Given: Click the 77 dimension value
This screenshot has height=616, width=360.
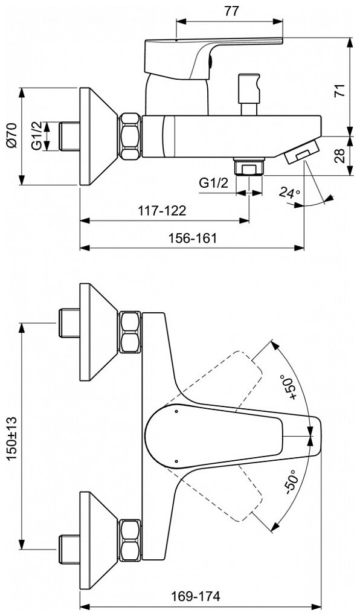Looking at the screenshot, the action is pyautogui.click(x=232, y=11).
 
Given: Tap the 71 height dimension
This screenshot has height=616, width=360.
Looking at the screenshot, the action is pyautogui.click(x=341, y=91).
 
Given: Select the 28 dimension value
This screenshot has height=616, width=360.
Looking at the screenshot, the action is pyautogui.click(x=341, y=156).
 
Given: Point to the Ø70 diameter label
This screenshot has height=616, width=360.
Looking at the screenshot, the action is pyautogui.click(x=13, y=135).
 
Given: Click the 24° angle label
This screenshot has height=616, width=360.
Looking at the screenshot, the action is pyautogui.click(x=291, y=193).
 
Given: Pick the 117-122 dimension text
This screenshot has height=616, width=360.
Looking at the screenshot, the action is pyautogui.click(x=161, y=211).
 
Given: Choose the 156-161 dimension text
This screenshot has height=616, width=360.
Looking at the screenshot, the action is pyautogui.click(x=193, y=238).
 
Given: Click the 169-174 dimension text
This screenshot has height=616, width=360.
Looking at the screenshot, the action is pyautogui.click(x=195, y=596).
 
